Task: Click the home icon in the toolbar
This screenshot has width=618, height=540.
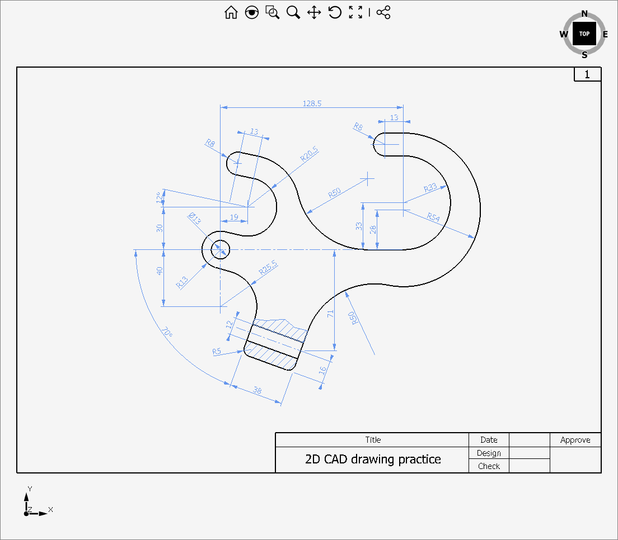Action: [231, 12]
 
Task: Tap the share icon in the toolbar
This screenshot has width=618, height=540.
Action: [383, 12]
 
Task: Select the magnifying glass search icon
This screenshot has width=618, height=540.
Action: [293, 12]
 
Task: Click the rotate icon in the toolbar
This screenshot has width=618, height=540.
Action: [335, 12]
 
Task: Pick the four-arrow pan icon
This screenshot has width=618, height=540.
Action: [313, 12]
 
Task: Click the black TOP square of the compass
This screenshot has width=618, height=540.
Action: [584, 34]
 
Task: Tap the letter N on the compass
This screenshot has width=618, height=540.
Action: [584, 14]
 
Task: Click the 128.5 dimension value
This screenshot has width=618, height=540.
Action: [312, 103]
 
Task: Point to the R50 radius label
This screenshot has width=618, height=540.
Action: [334, 193]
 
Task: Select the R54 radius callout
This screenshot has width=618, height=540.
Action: [433, 217]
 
